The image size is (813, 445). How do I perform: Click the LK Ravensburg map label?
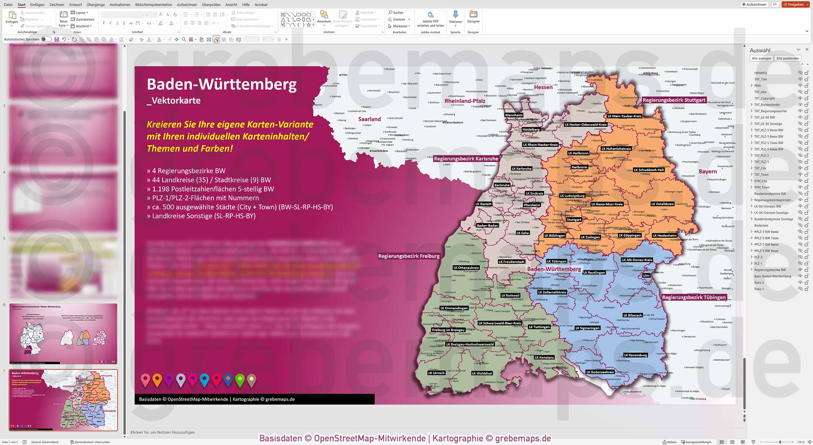click(636, 355)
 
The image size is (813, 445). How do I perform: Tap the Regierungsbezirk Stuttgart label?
click(674, 100)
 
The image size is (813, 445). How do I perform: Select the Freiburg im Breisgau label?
click(448, 330)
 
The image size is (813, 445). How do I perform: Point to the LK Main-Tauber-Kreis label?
click(624, 116)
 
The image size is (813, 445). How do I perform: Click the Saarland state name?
click(369, 119)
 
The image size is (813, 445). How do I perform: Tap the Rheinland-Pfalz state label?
click(465, 101)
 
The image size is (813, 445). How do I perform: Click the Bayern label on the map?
click(707, 171)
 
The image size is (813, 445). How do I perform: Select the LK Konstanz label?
click(544, 357)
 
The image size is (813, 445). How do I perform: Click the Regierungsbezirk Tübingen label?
click(694, 298)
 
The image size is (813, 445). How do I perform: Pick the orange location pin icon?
click(157, 379)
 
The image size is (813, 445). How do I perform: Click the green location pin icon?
click(240, 379)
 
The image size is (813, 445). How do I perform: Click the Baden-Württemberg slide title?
click(221, 84)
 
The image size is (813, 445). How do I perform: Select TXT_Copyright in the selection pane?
click(764, 98)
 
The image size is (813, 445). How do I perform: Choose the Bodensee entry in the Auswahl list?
click(761, 225)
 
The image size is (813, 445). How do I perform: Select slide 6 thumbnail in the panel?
click(63, 333)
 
